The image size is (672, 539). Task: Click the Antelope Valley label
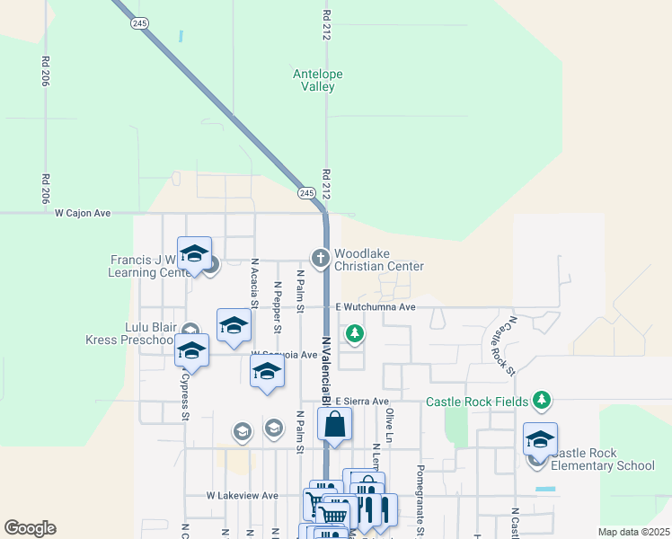(318, 80)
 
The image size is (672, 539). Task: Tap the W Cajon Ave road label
(82, 214)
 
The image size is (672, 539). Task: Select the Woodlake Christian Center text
(378, 260)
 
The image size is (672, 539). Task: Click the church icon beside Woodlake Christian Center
(319, 259)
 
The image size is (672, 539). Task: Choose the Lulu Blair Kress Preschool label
(129, 334)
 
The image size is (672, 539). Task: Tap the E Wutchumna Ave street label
(375, 307)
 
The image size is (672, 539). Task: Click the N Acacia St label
(255, 284)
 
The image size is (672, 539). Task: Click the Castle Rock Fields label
(477, 402)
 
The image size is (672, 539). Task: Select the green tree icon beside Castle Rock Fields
(541, 399)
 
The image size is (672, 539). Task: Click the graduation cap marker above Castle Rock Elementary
(540, 438)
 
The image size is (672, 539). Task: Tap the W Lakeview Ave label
(243, 495)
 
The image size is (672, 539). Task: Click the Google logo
(30, 528)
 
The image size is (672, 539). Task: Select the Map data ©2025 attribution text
(632, 532)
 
